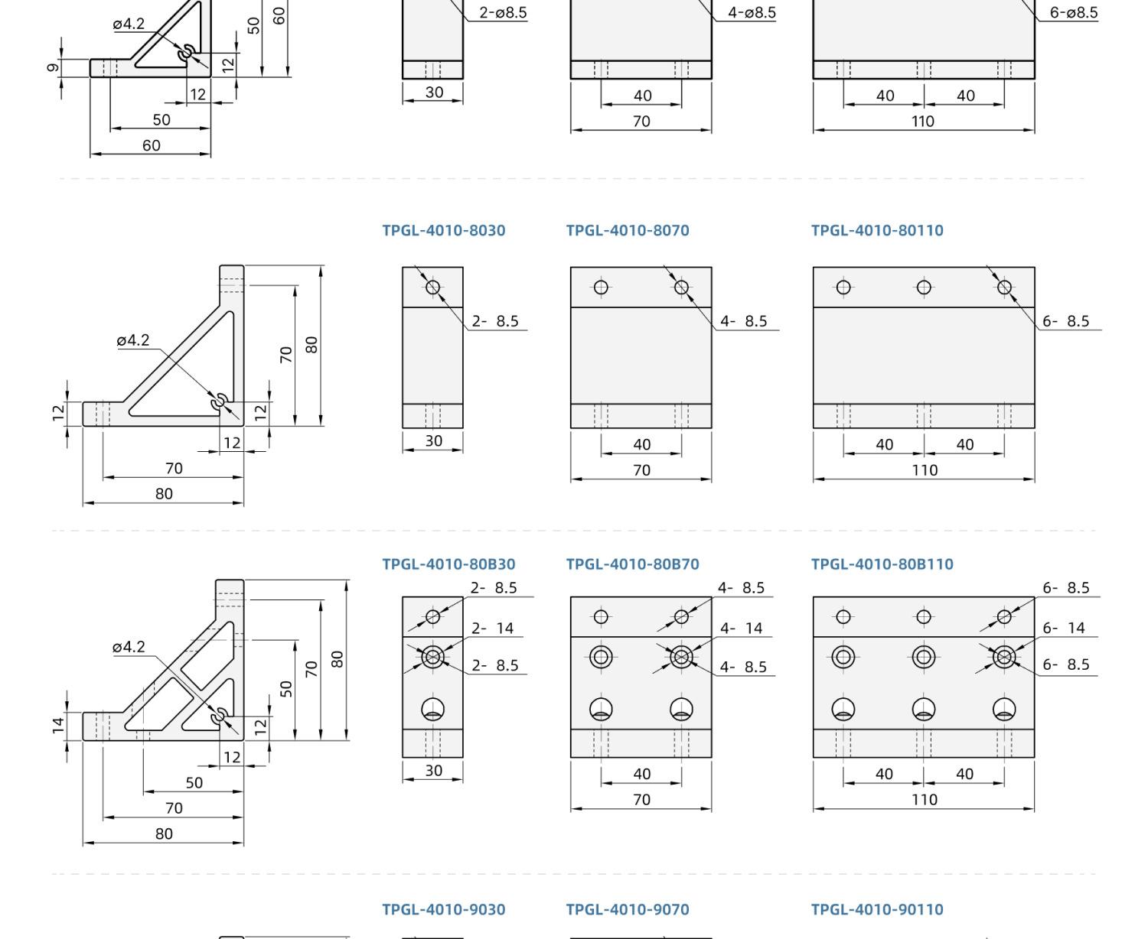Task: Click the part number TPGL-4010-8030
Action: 444,230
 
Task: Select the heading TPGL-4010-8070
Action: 628,230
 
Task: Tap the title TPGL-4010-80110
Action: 878,230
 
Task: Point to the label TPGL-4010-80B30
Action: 448,564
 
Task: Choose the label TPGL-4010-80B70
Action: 632,564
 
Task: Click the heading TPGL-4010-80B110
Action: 882,564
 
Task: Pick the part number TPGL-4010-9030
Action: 444,910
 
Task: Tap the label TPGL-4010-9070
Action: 628,910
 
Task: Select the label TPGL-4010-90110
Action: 878,910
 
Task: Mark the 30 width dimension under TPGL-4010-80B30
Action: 434,770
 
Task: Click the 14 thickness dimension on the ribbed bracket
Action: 58,725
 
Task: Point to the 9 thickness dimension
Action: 53,67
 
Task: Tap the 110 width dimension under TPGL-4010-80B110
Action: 925,800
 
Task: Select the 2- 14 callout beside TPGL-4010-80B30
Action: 493,629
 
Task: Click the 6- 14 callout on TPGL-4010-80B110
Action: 1064,629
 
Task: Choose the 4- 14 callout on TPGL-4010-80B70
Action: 742,629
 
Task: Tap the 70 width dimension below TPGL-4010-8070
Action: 642,470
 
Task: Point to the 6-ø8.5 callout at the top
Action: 1074,12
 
